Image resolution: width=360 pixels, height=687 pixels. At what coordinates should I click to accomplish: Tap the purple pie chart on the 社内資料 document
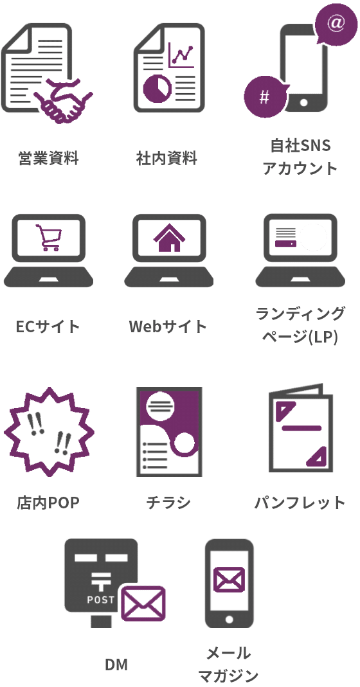(x=157, y=88)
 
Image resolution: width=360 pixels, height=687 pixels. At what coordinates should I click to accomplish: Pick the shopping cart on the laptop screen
(x=48, y=238)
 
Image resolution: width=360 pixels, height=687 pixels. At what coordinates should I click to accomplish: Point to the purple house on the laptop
(x=169, y=238)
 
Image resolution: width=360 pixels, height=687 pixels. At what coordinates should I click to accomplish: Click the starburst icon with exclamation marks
(x=49, y=432)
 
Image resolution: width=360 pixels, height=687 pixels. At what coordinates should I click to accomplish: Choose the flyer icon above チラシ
(x=169, y=432)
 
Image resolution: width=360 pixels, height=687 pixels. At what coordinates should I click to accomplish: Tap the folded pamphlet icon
(x=300, y=428)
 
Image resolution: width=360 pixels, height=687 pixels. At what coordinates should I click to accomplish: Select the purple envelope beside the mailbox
(x=143, y=603)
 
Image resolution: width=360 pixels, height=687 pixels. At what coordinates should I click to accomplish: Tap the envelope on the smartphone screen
(x=229, y=580)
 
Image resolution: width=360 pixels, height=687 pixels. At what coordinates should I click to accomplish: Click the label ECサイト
(x=48, y=326)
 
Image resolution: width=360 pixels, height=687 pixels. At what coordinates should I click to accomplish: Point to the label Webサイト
(x=168, y=326)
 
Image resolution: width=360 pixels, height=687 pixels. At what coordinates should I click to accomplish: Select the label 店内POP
(x=48, y=503)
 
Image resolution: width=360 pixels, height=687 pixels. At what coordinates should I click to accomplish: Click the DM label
(x=116, y=665)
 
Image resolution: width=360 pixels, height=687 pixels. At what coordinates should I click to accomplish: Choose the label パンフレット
(x=300, y=503)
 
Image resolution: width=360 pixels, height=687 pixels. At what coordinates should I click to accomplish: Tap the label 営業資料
(x=49, y=157)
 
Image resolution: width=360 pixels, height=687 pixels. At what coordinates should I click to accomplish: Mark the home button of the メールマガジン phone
(x=229, y=620)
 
